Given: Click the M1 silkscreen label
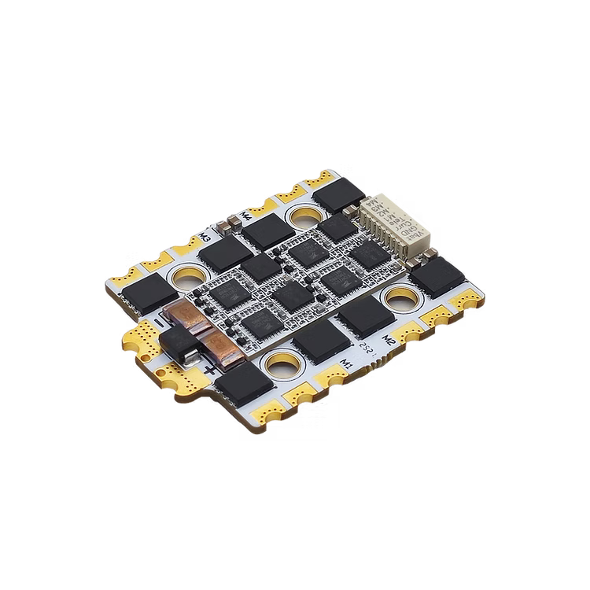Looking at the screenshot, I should (347, 362).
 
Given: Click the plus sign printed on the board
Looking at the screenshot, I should (210, 369).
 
